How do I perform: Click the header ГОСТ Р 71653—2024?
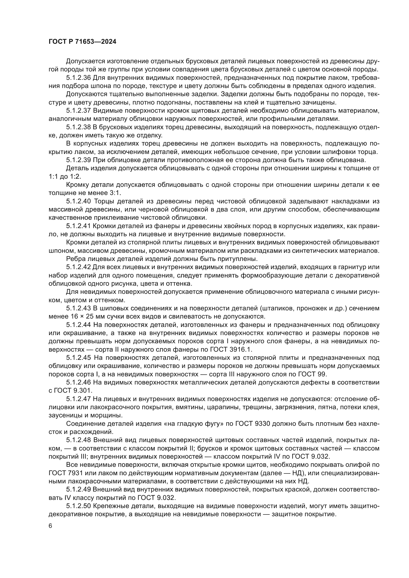pos(82,42)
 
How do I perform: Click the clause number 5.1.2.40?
pos(78,201)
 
